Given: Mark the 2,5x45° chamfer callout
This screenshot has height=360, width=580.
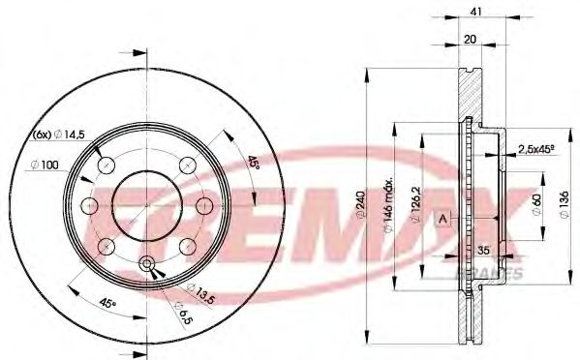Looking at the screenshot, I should point(536,148).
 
